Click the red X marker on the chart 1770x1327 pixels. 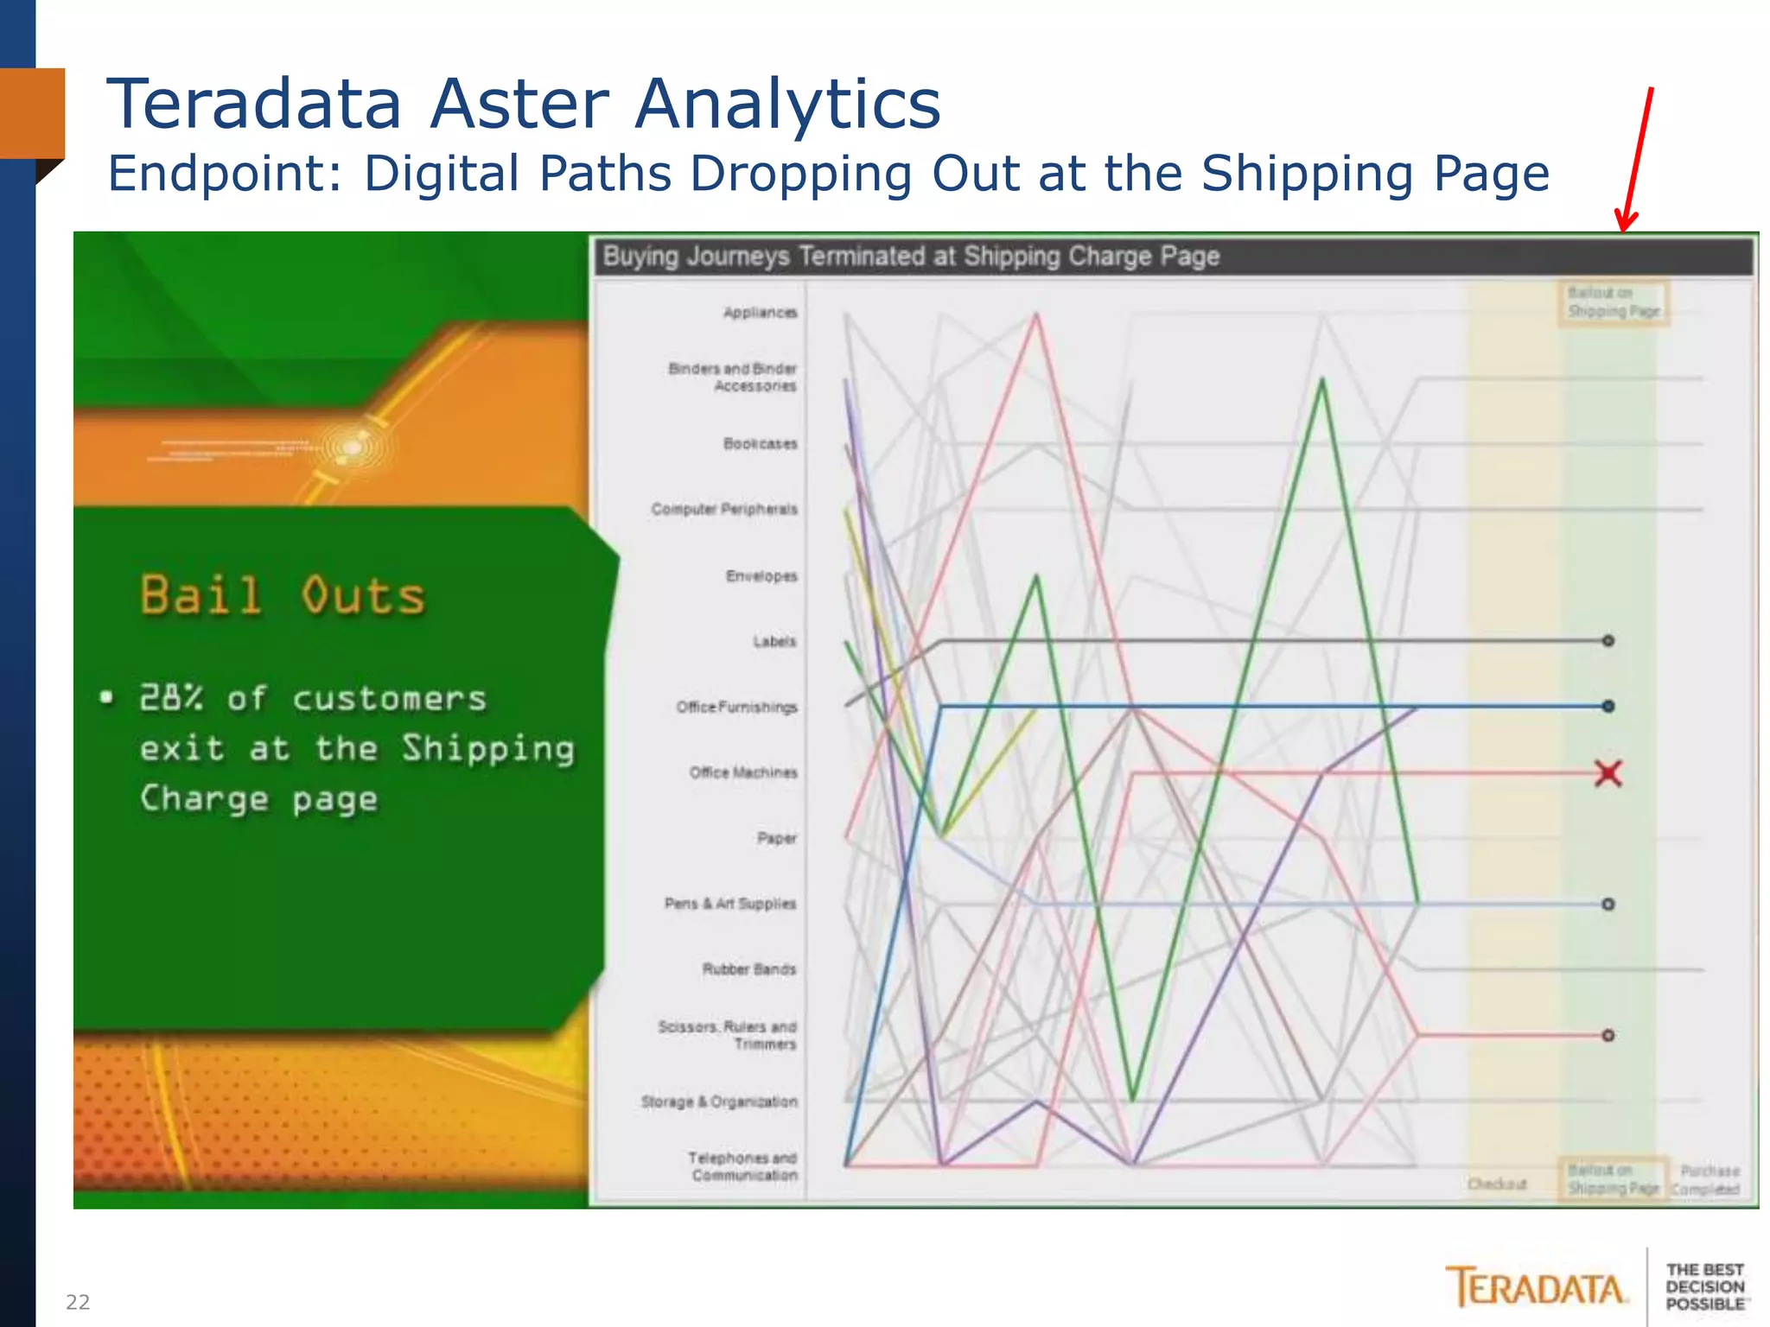tap(1608, 773)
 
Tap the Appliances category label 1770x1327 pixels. tap(760, 313)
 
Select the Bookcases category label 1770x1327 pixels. tap(760, 444)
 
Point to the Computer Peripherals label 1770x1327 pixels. tap(724, 510)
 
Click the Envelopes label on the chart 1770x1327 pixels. tap(761, 576)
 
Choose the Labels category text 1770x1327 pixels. tap(774, 642)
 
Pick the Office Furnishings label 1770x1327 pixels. tap(736, 708)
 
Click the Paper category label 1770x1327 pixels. tap(777, 838)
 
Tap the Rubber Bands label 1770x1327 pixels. tap(748, 969)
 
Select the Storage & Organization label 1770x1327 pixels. tap(719, 1102)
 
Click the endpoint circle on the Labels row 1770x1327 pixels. tap(1608, 641)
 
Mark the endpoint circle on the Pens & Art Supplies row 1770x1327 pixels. tap(1608, 905)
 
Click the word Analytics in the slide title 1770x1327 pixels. tap(787, 105)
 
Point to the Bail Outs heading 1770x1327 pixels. tap(283, 596)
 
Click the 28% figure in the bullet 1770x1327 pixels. tap(171, 698)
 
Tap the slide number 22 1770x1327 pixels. tap(78, 1302)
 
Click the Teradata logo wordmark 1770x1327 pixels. tap(1536, 1288)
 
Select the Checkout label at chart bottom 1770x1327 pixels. tap(1497, 1184)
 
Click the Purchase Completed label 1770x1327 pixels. tap(1706, 1180)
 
